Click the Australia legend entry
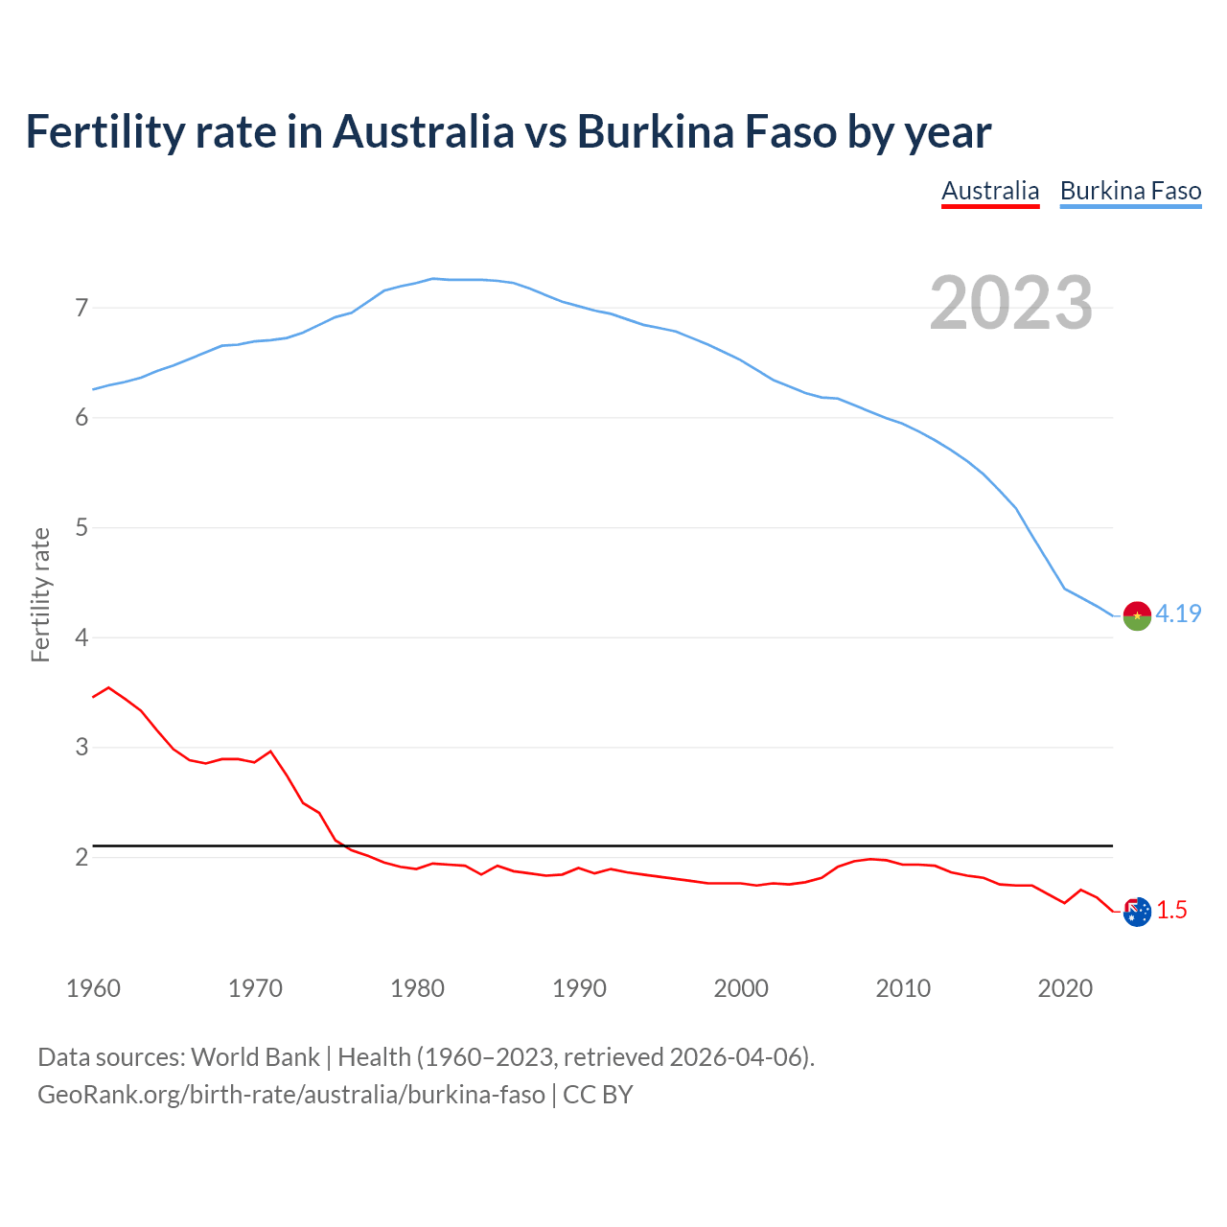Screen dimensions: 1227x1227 pos(990,191)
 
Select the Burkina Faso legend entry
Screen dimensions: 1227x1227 pos(1130,191)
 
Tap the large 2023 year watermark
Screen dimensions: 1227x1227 pos(1011,303)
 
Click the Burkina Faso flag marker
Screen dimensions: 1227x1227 pos(1137,615)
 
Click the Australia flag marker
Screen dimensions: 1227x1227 pos(1137,912)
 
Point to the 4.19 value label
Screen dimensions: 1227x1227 pos(1178,613)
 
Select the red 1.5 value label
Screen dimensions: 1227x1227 pos(1171,910)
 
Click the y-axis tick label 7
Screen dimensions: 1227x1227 pos(81,308)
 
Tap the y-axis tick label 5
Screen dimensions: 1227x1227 pos(81,527)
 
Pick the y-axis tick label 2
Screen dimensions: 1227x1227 pos(81,857)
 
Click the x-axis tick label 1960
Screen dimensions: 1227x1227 pos(93,988)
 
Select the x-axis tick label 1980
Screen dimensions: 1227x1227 pos(417,988)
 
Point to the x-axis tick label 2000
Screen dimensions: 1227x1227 pos(741,988)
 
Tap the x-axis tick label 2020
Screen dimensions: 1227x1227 pos(1065,988)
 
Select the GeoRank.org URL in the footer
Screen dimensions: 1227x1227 pos(290,1094)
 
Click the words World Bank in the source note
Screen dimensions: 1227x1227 pos(255,1056)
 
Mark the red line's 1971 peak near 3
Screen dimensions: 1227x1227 pos(270,752)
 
